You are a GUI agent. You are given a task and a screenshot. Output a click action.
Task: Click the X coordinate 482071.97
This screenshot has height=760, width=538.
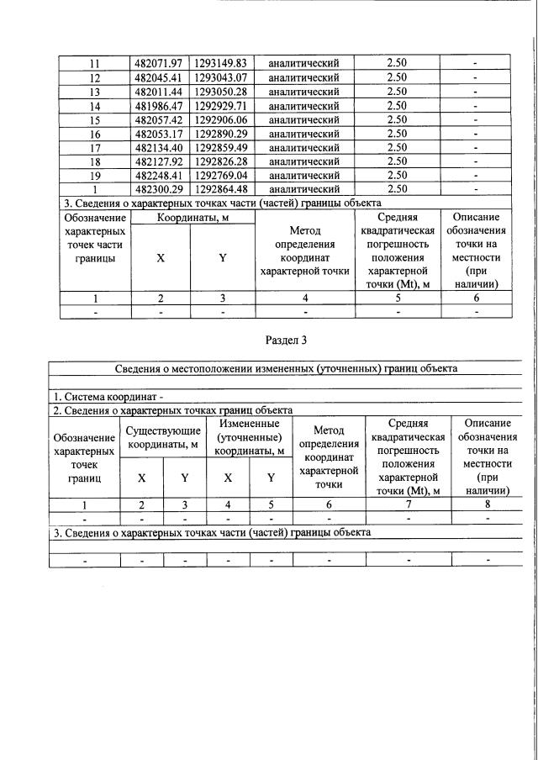coord(161,63)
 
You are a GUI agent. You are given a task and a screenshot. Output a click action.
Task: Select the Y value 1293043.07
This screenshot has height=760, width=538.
coord(222,77)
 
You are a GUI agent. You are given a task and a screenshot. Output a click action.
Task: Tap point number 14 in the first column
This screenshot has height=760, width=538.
coord(95,106)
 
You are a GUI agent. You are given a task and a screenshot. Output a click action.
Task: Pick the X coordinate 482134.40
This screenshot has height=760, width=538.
coord(161,148)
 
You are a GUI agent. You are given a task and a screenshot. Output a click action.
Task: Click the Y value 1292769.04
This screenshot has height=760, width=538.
coord(222,176)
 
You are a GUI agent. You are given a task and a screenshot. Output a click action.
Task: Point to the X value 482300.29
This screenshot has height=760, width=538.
coord(161,189)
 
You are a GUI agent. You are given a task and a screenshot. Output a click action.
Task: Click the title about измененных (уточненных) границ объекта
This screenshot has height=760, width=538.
coord(286,368)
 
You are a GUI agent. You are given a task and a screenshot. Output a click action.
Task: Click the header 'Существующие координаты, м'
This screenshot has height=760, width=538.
coord(163,437)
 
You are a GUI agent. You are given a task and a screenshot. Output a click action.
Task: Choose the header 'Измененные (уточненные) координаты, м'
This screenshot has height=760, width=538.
coord(248,437)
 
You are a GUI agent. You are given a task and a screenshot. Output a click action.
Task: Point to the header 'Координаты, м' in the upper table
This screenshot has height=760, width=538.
coord(192,217)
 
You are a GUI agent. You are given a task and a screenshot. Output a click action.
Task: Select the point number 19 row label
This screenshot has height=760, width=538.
coord(95,176)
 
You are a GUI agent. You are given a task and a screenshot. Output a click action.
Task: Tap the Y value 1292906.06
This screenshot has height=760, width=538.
coord(222,119)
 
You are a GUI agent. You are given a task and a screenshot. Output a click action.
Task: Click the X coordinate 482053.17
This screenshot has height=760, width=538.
coord(161,134)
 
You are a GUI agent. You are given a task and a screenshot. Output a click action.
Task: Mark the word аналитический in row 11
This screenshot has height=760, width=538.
coord(303,63)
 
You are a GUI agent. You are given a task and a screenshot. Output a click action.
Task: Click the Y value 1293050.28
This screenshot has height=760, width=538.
coord(222,92)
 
